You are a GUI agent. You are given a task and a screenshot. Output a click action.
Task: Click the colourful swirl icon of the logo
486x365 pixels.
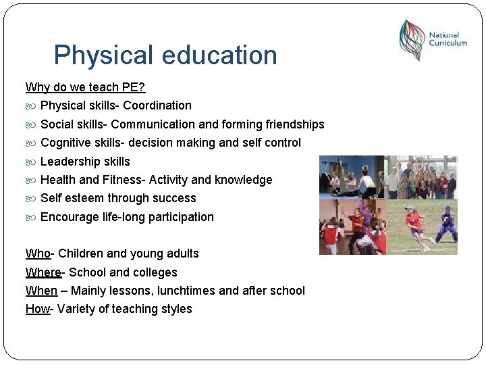[x=411, y=40]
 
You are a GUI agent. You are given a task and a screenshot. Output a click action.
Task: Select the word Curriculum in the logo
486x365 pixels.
[x=448, y=43]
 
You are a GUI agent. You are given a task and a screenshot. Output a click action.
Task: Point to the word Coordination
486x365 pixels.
[x=157, y=105]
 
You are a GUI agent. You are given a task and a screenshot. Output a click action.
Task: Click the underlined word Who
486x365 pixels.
[x=38, y=253]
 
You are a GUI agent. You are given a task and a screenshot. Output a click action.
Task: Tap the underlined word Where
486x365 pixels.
[x=43, y=272]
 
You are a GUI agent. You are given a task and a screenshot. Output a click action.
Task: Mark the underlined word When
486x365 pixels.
[x=41, y=291]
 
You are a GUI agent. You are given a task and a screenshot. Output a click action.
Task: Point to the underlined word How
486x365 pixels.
[x=38, y=309]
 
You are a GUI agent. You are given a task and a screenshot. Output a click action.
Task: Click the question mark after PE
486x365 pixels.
[x=142, y=87]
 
